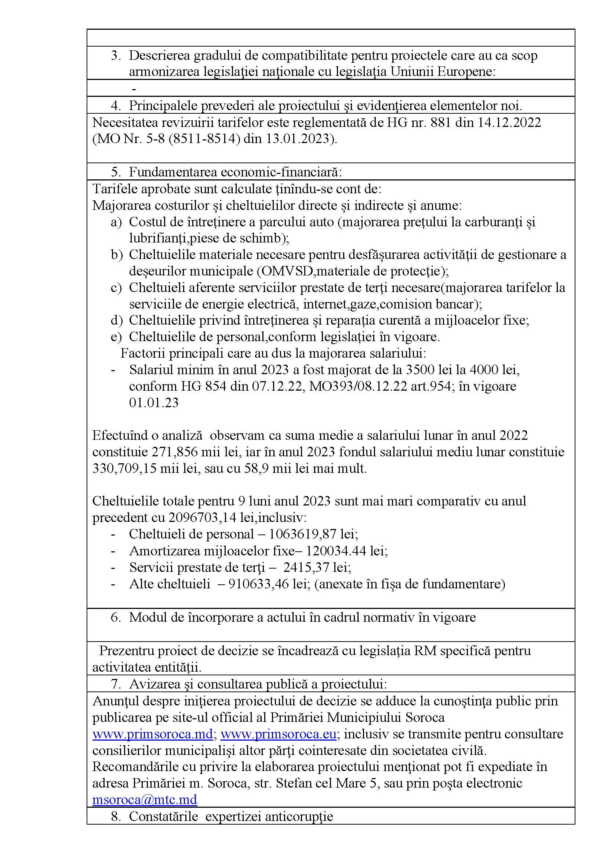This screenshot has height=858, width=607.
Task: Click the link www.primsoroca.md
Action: click(x=153, y=734)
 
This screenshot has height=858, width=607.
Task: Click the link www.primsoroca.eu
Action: click(x=279, y=734)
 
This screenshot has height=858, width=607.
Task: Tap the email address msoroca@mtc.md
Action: click(x=145, y=799)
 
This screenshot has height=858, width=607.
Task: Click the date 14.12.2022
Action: click(x=509, y=123)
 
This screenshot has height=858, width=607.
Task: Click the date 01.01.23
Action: click(x=154, y=402)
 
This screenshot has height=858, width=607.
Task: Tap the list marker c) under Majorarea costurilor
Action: click(x=116, y=288)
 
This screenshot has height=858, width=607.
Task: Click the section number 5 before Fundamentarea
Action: click(x=116, y=172)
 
